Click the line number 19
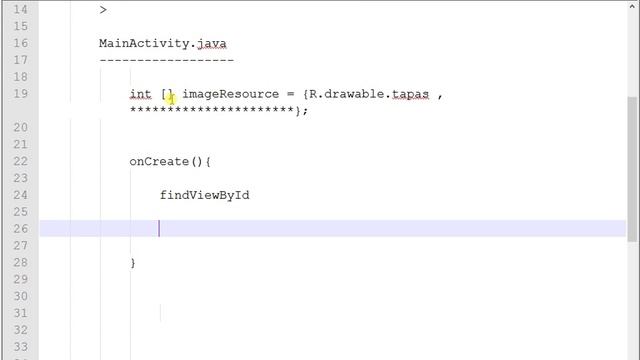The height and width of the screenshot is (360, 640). [x=20, y=93]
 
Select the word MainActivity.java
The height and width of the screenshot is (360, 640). [x=162, y=43]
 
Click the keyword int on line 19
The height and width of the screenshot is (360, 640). [x=140, y=94]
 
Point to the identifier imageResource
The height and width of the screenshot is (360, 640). [x=231, y=94]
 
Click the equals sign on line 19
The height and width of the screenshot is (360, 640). [x=290, y=94]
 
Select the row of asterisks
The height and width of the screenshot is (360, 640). [x=211, y=110]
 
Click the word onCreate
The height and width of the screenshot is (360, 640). [x=159, y=161]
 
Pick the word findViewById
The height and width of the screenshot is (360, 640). [x=204, y=195]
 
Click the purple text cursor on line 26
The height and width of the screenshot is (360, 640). [x=159, y=229]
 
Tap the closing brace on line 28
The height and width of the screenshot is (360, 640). [x=133, y=263]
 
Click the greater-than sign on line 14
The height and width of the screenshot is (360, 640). [x=103, y=9]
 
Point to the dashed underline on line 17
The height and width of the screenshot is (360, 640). [x=167, y=60]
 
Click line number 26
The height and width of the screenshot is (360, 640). [x=20, y=229]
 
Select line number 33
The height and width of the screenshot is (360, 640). [x=20, y=347]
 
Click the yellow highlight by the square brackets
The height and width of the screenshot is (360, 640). [x=171, y=98]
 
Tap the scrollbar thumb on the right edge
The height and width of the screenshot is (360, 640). [x=632, y=169]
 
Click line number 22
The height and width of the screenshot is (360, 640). [x=20, y=161]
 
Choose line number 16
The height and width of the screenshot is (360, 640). [x=20, y=43]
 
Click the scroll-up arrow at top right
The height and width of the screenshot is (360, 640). [x=632, y=6]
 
